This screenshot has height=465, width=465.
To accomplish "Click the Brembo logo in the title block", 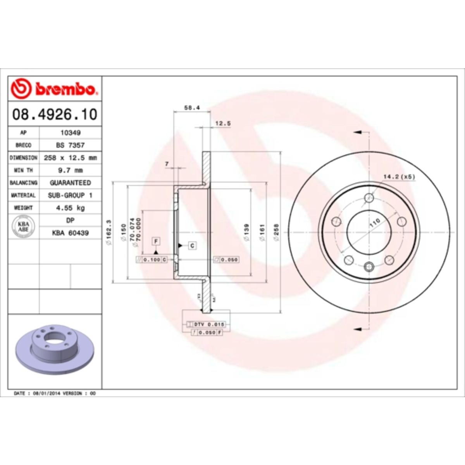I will click(54, 89).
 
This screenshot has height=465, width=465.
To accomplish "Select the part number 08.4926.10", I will click(55, 114).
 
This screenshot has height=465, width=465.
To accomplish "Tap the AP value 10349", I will click(70, 133).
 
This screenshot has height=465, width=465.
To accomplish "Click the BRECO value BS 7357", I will click(70, 145).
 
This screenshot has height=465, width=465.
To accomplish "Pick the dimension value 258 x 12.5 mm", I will click(70, 158).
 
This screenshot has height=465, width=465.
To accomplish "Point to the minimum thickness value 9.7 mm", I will click(70, 170).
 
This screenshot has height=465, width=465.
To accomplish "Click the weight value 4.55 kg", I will click(70, 208).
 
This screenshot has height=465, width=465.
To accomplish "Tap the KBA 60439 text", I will click(70, 233).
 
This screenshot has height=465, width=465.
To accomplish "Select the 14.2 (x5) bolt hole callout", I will click(399, 177).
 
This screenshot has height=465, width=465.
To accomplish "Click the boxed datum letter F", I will click(156, 241).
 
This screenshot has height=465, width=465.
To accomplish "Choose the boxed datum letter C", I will click(192, 246).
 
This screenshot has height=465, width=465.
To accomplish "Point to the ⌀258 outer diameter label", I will click(276, 232).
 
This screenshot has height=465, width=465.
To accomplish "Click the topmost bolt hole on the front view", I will click(369, 198).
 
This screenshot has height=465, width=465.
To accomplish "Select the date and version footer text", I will click(55, 393).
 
